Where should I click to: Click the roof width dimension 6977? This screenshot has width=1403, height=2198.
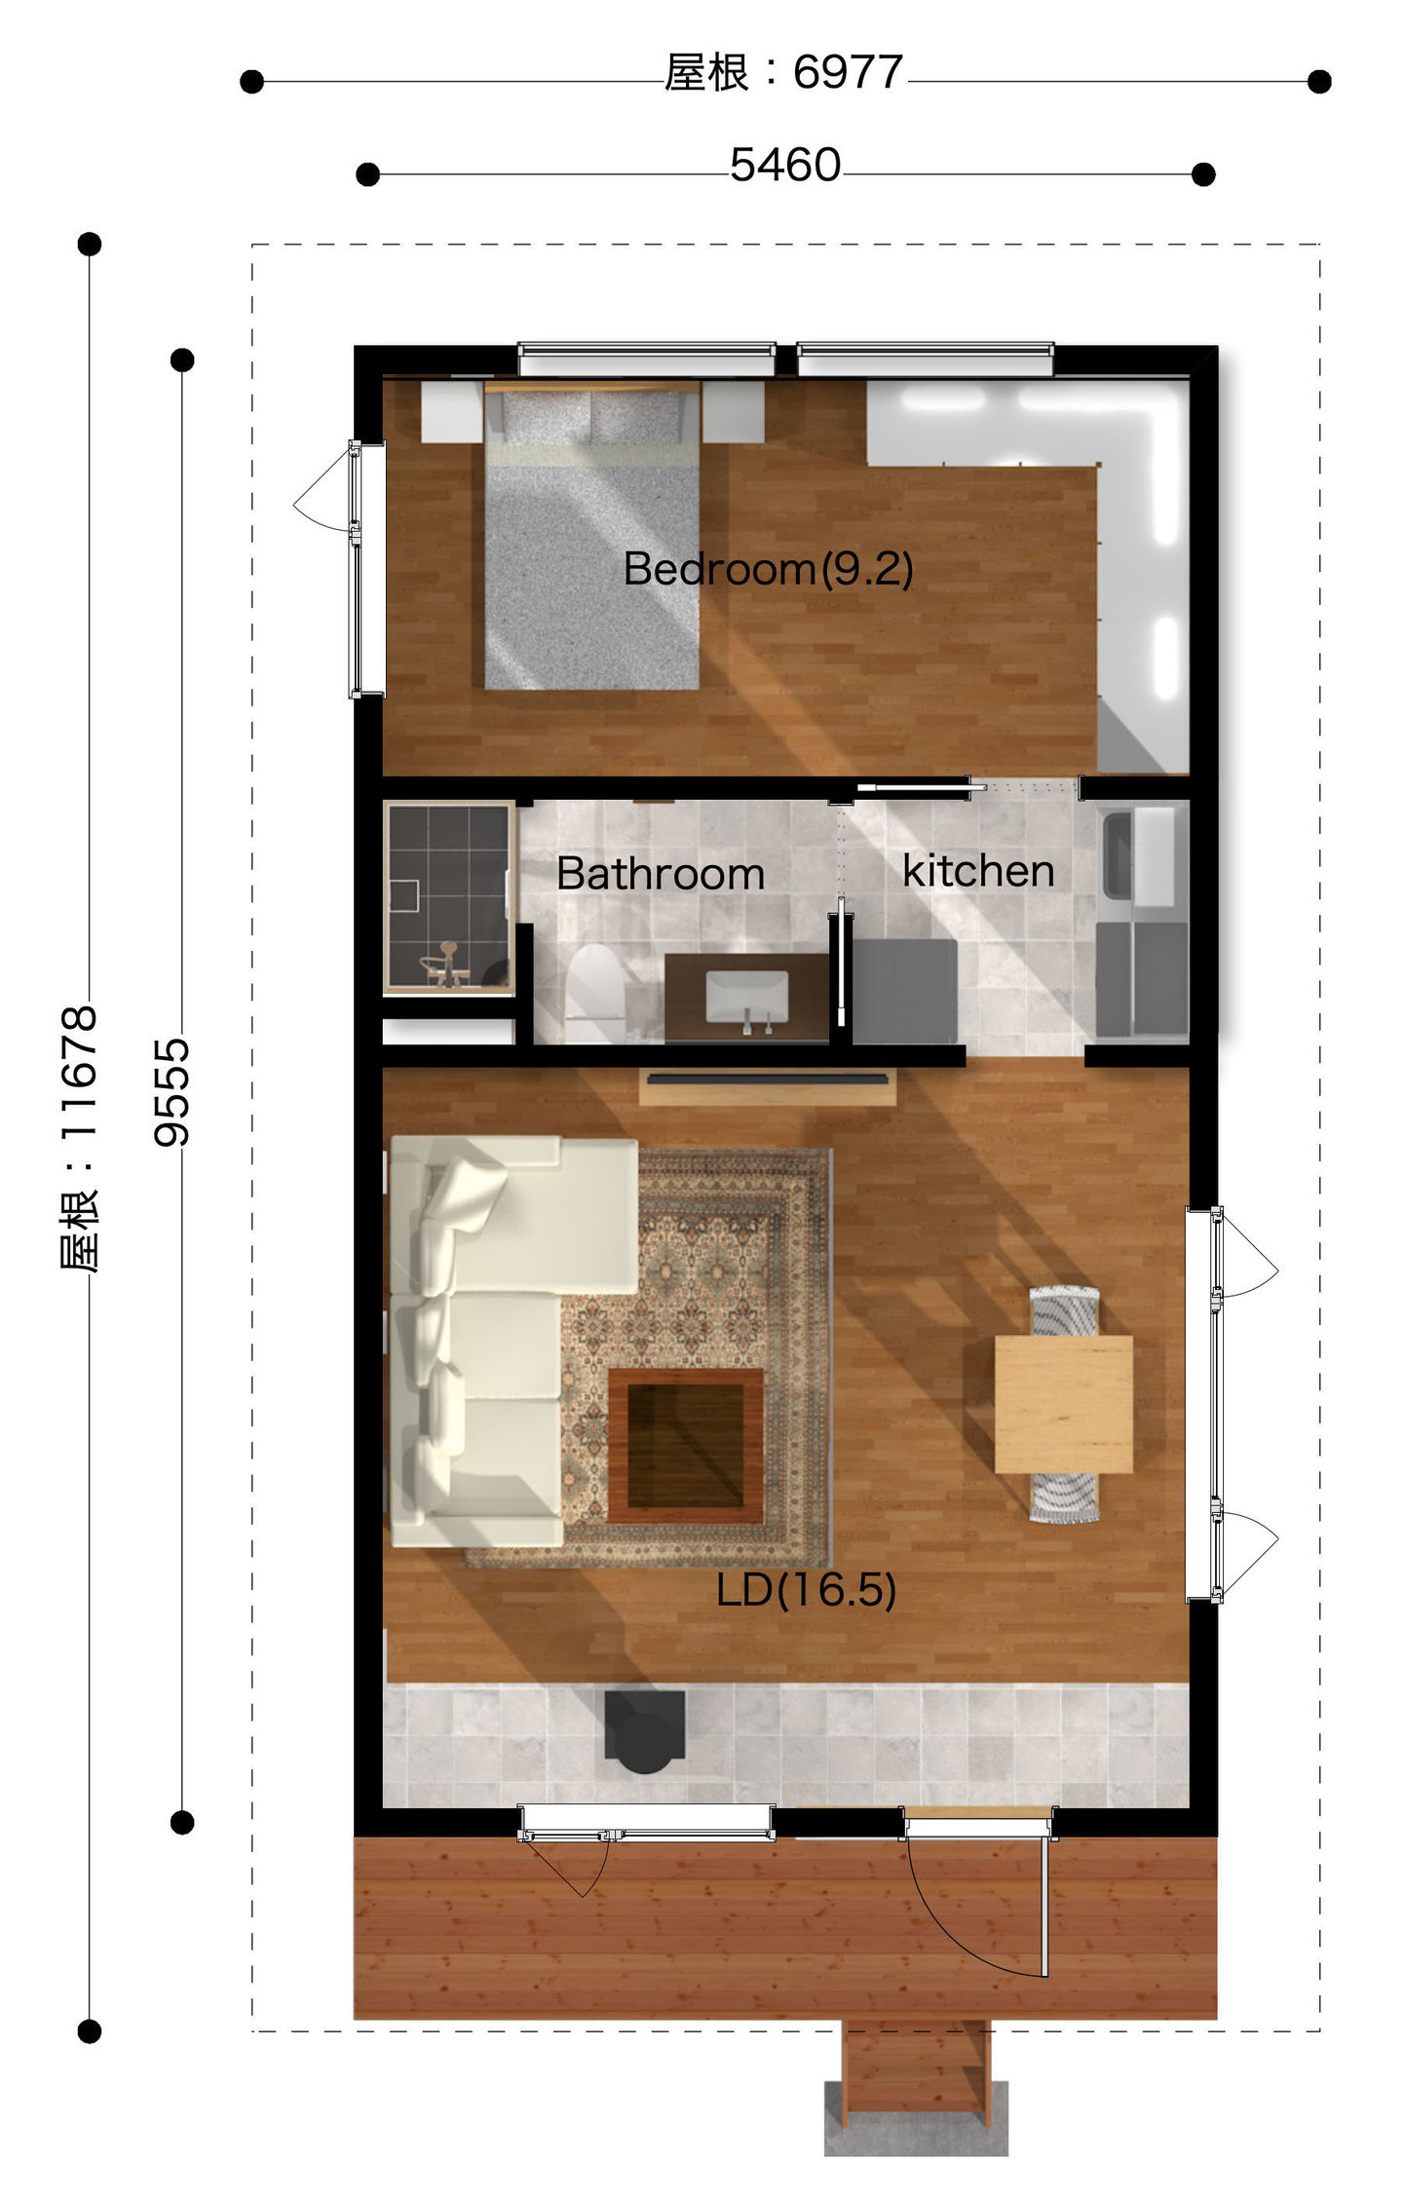pyautogui.click(x=784, y=72)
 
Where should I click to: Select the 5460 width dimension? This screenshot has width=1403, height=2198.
pyautogui.click(x=785, y=166)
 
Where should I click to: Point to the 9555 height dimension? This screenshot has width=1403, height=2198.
pyautogui.click(x=171, y=1091)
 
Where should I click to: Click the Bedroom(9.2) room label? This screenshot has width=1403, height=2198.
pyautogui.click(x=769, y=568)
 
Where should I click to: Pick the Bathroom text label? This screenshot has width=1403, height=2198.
pyautogui.click(x=661, y=874)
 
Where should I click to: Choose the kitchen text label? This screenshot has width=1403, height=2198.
pyautogui.click(x=978, y=871)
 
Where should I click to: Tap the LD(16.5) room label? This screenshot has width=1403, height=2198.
pyautogui.click(x=806, y=1590)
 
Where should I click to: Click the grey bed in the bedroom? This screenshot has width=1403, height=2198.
pyautogui.click(x=592, y=536)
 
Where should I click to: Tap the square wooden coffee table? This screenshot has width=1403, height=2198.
pyautogui.click(x=686, y=1446)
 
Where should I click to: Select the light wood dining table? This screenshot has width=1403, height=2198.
pyautogui.click(x=1064, y=1404)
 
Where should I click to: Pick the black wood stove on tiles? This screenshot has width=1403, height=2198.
pyautogui.click(x=644, y=1732)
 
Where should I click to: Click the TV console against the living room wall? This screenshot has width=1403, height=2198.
pyautogui.click(x=768, y=1086)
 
